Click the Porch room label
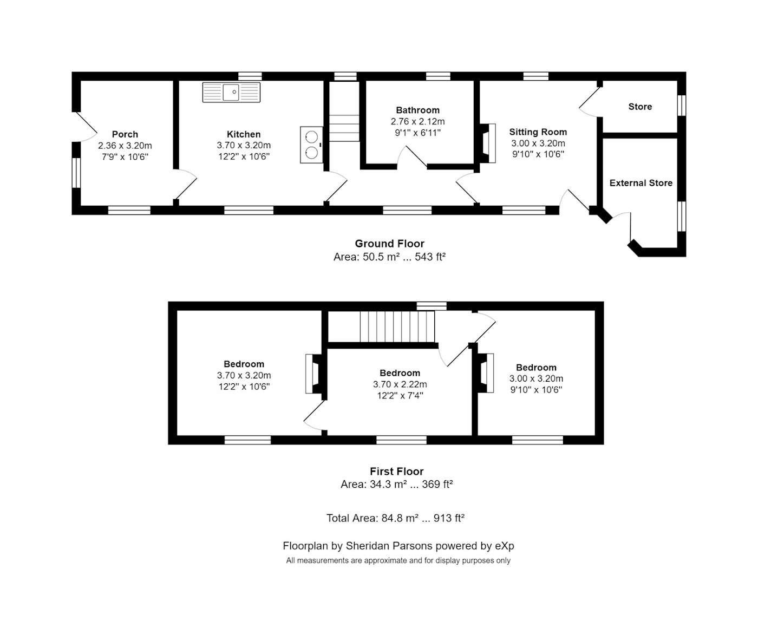click(125, 134)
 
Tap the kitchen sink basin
click(231, 92)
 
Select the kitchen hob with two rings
click(311, 145)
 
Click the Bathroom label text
click(417, 110)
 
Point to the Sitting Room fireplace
click(488, 143)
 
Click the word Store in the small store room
click(641, 107)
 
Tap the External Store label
click(641, 183)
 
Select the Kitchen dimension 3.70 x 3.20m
click(244, 145)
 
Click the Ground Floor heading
click(389, 244)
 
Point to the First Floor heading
click(397, 471)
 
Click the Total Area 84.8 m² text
click(396, 518)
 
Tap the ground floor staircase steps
click(344, 128)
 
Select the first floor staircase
click(397, 327)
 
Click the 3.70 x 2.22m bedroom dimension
click(400, 384)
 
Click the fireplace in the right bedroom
click(486, 374)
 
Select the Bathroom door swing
click(412, 158)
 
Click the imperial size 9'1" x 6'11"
click(417, 133)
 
